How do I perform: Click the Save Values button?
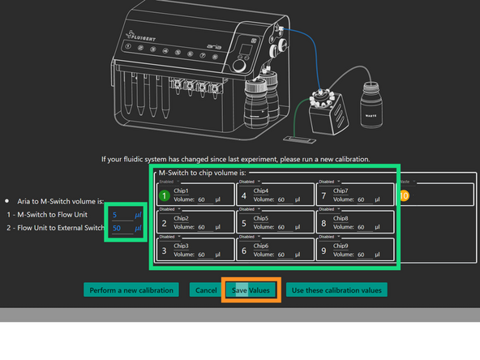(x=251, y=289)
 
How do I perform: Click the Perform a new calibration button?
(x=133, y=289)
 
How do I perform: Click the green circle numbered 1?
(x=165, y=195)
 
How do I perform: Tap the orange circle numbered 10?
(x=405, y=195)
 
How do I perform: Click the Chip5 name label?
(x=261, y=219)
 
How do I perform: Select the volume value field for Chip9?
(x=361, y=254)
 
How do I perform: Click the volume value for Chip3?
(x=202, y=254)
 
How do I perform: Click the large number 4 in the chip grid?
(x=245, y=195)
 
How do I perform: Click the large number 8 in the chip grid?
(x=324, y=223)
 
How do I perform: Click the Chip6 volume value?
(x=281, y=254)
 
